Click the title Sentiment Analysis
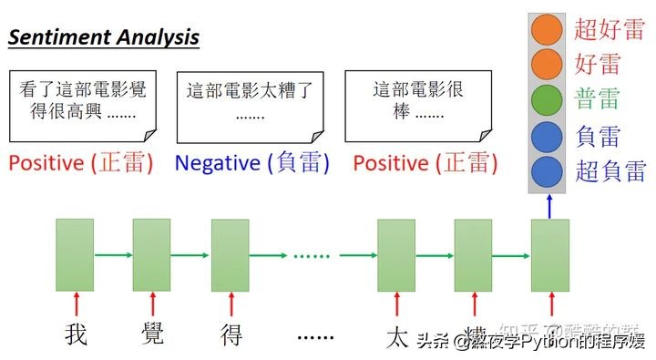104,37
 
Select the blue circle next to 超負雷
547,170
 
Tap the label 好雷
598,64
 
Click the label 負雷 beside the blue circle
598,136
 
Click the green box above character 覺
152,254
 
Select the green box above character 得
231,254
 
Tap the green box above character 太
396,254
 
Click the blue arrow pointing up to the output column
549,208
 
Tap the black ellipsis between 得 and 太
317,336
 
